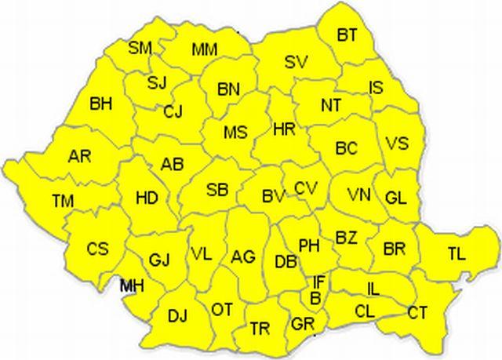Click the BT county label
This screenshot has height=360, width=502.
347,35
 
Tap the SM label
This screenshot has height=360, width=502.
140,48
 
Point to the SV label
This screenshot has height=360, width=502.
296,61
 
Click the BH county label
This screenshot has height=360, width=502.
101,103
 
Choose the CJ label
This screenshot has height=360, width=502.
173,112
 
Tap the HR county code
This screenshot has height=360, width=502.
283,128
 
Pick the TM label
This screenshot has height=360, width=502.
63,202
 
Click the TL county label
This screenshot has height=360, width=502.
456,253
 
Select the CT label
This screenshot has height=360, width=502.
417,313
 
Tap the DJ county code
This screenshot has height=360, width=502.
177,316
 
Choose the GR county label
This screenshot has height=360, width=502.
302,323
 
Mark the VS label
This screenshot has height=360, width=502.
398,144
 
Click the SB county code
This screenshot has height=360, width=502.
217,190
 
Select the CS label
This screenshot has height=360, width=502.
98,249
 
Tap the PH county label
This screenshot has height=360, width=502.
309,245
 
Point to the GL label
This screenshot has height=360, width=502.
395,198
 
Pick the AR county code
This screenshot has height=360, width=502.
79,155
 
